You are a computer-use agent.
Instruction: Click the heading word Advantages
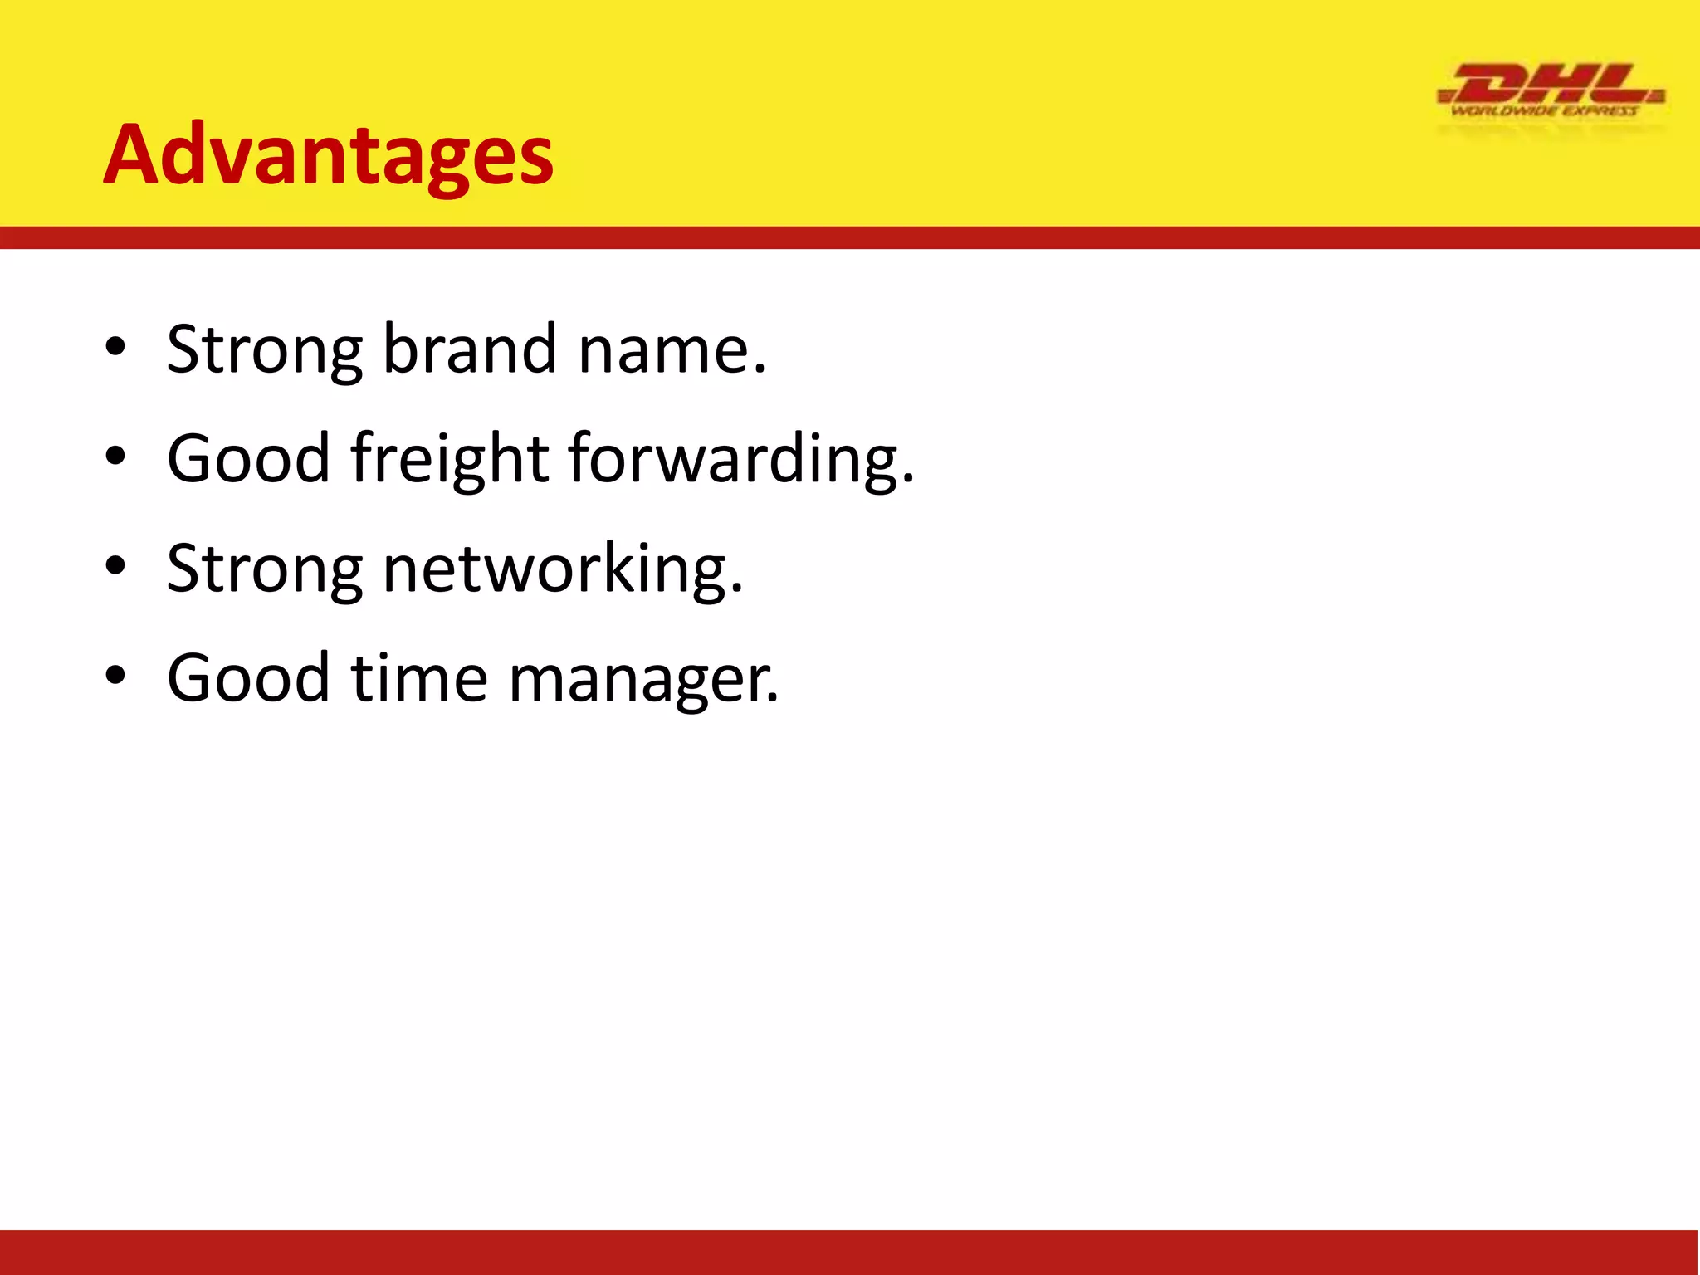pyautogui.click(x=328, y=154)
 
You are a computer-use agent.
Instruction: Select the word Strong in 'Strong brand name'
pyautogui.click(x=264, y=350)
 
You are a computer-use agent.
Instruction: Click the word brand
pyautogui.click(x=469, y=349)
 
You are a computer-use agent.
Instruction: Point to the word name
pyautogui.click(x=671, y=350)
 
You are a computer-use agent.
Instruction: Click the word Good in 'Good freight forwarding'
pyautogui.click(x=249, y=458)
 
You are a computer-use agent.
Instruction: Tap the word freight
pyautogui.click(x=449, y=458)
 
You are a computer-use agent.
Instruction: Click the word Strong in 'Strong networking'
pyautogui.click(x=264, y=569)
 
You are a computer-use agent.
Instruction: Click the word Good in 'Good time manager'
pyautogui.click(x=249, y=678)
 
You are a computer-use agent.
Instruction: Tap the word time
pyautogui.click(x=419, y=678)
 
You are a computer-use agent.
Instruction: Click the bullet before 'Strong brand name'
pyautogui.click(x=115, y=348)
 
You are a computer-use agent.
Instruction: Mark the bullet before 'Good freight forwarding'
pyautogui.click(x=115, y=457)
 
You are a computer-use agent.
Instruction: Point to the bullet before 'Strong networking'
pyautogui.click(x=115, y=567)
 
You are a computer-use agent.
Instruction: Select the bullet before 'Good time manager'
pyautogui.click(x=115, y=677)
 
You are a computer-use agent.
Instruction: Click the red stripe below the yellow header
pyautogui.click(x=850, y=237)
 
